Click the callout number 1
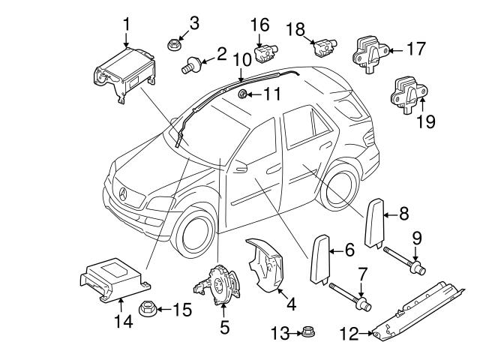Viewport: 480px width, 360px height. click(x=126, y=23)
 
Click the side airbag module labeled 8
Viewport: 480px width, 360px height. click(x=375, y=222)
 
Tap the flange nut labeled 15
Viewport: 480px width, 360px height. click(x=147, y=307)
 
